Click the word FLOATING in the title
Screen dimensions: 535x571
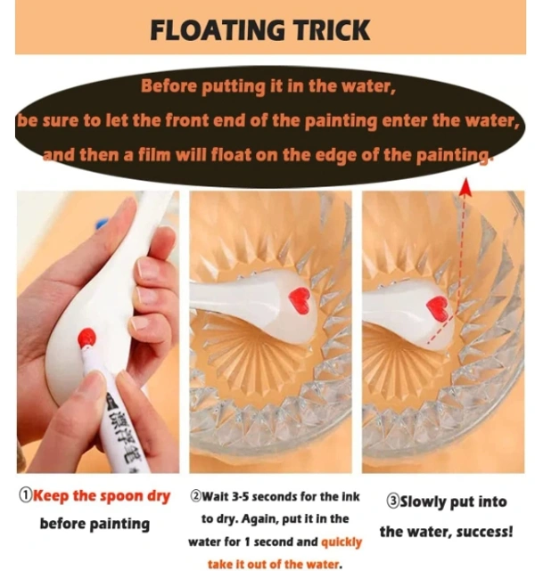[218, 30]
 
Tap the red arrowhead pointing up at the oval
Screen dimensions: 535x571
[465, 188]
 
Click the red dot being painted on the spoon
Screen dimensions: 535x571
[86, 338]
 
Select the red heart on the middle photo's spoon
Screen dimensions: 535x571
[299, 299]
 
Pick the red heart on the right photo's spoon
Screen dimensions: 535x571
[437, 307]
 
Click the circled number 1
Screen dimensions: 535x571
[26, 495]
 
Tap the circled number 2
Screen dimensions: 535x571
[196, 496]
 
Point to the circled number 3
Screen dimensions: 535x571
[392, 502]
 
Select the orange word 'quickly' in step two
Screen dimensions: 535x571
[342, 542]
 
